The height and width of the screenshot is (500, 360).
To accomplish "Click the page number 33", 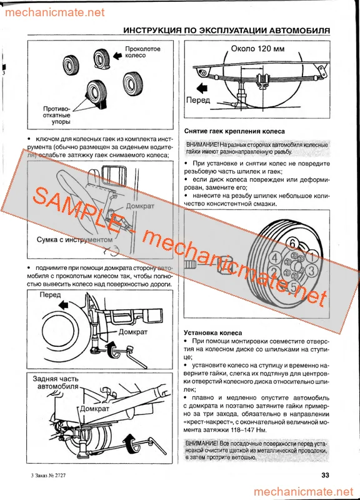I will click(x=325, y=475).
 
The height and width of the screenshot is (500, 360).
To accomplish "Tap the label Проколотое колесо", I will click(x=143, y=52).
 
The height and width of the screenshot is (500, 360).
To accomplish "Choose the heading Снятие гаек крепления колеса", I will click(x=235, y=131).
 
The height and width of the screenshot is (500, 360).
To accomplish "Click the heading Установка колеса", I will click(x=212, y=333).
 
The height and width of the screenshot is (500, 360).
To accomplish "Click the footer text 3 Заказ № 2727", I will click(x=47, y=476).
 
